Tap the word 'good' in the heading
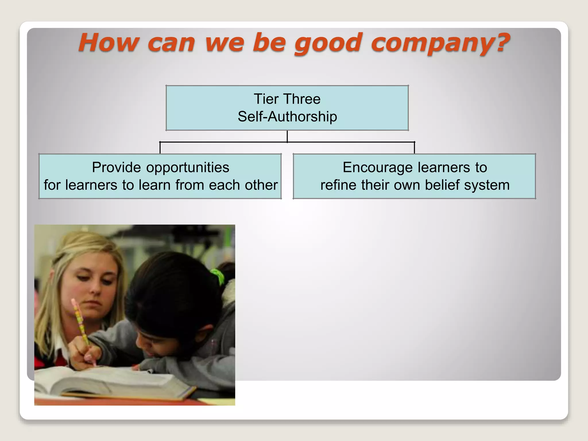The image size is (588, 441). point(328,43)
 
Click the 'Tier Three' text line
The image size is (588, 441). point(287,99)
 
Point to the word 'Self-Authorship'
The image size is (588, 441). point(287,117)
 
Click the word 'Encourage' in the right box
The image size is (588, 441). point(378,167)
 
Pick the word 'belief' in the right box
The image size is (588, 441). point(442,185)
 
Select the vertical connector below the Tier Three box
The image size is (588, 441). point(287,136)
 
